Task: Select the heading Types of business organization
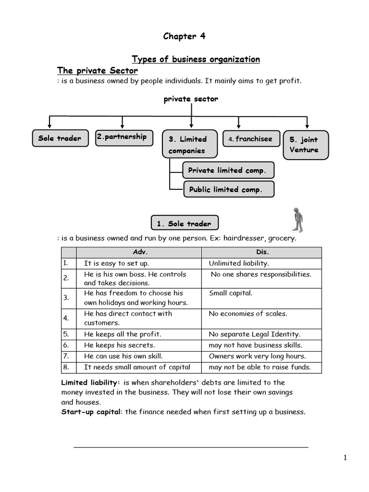tap(196, 59)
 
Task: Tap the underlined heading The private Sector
tap(98, 71)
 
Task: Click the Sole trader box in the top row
tap(60, 138)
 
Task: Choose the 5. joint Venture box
tap(306, 145)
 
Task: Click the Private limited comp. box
tap(228, 170)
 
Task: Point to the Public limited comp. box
tap(228, 189)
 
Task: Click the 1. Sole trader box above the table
tap(184, 223)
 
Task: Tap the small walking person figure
tap(298, 220)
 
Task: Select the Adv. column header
tap(139, 252)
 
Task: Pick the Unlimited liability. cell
tap(239, 263)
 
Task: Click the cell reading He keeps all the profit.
tap(123, 334)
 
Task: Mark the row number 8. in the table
tap(66, 367)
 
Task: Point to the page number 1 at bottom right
tap(345, 458)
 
